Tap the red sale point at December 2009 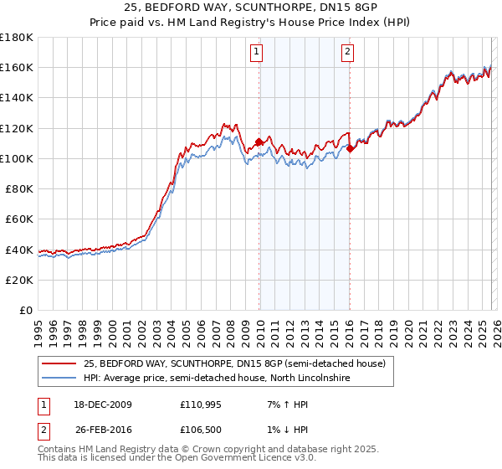coord(259,142)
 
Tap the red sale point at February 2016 coord(350,149)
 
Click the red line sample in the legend coord(59,364)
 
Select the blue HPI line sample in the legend coord(59,379)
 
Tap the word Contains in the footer coord(59,451)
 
